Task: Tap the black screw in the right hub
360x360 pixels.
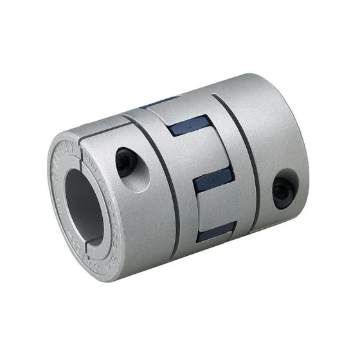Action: click(282, 191)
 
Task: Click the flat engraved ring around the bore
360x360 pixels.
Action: click(58, 212)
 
